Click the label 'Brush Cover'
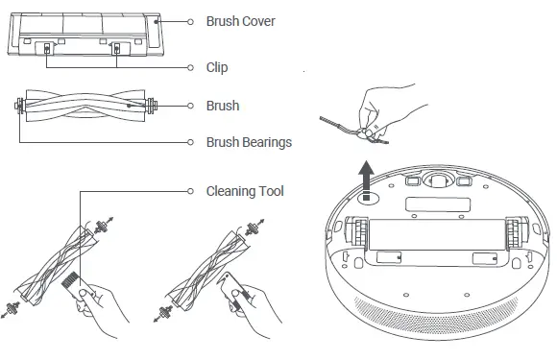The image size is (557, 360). pos(240,20)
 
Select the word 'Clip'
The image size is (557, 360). pos(217,68)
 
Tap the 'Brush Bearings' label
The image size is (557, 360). pos(249,142)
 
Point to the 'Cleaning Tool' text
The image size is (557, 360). pos(245,191)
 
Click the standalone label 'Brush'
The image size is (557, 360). pos(223,106)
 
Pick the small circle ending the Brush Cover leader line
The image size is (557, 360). pos(190,20)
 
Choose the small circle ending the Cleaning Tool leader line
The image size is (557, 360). pos(190,191)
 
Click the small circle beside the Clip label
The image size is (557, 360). pos(190,68)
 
